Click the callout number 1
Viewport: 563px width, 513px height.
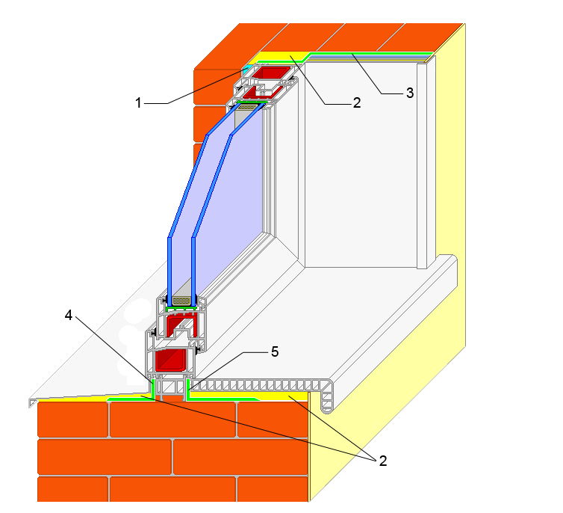tap(138, 102)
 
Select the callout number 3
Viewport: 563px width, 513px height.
tap(410, 93)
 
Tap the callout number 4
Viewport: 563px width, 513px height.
tap(68, 316)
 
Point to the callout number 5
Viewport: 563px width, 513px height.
tap(275, 351)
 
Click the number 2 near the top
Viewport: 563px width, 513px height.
tap(357, 102)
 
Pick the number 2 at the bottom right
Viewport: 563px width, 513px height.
tap(383, 461)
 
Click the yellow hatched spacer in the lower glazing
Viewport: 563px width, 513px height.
tap(181, 301)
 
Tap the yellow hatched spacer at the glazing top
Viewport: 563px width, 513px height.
tap(246, 107)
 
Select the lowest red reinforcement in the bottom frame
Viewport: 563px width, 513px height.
tap(169, 360)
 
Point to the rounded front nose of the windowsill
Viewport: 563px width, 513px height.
tap(326, 396)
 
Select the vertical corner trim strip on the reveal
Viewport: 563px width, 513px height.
tap(422, 166)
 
